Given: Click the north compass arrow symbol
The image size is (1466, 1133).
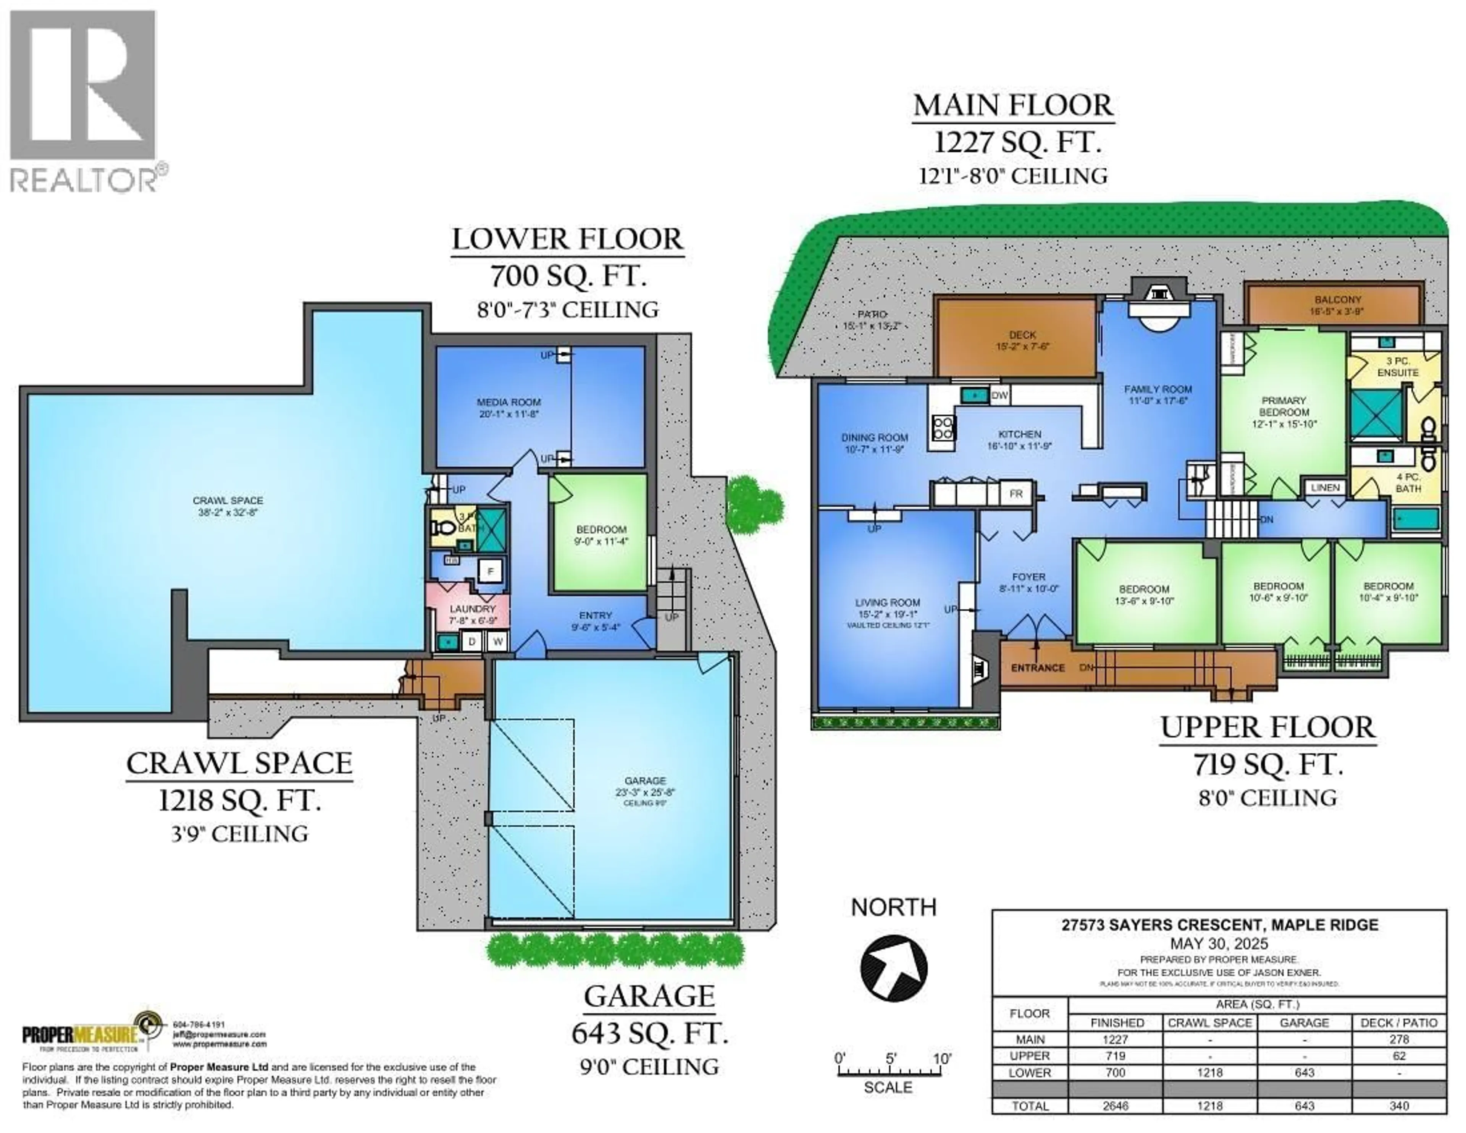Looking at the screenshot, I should (893, 968).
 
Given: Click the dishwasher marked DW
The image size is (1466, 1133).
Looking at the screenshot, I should (999, 396).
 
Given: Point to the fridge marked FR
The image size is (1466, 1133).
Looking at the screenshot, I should (1016, 494).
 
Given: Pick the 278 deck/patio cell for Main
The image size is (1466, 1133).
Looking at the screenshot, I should (1399, 1039).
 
